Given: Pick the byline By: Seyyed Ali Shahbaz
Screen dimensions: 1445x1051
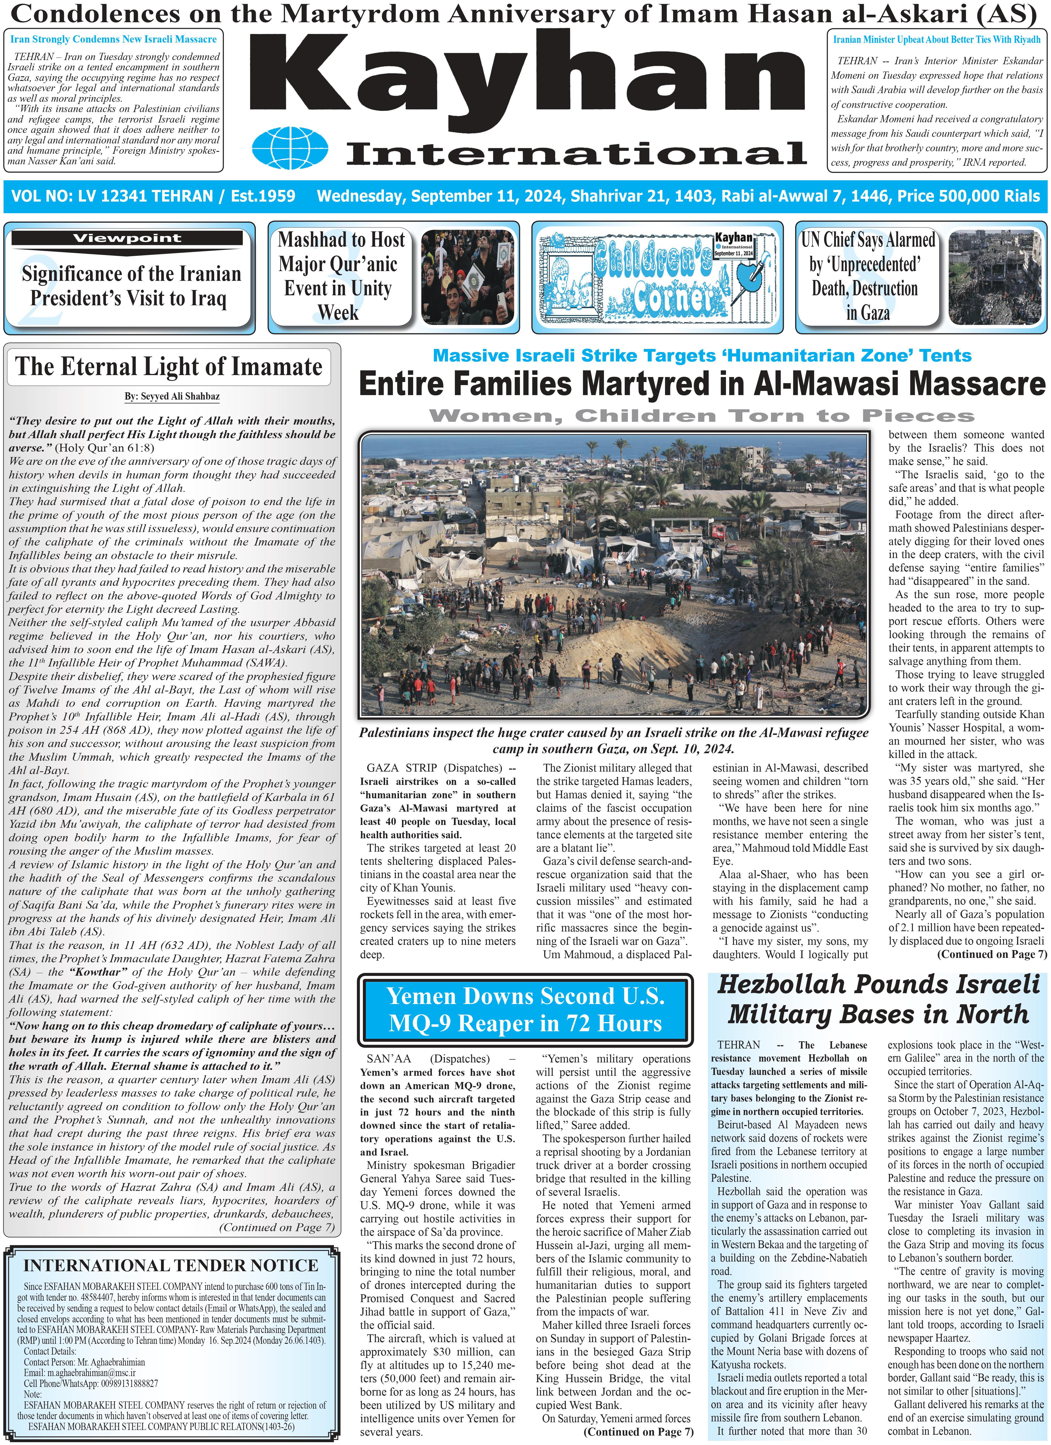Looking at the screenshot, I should (x=172, y=396).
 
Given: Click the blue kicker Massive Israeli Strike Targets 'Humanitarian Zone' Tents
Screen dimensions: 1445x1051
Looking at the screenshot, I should (x=702, y=356).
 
